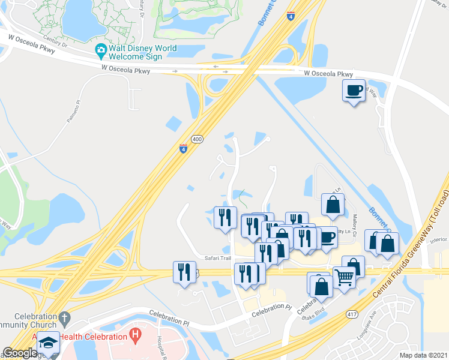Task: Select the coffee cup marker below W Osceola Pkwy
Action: [353, 91]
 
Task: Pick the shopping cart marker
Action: [343, 277]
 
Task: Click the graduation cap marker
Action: [48, 342]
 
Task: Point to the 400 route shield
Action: [197, 139]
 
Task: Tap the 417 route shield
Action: [351, 314]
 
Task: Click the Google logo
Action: [20, 353]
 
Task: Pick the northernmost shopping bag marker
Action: [333, 205]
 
